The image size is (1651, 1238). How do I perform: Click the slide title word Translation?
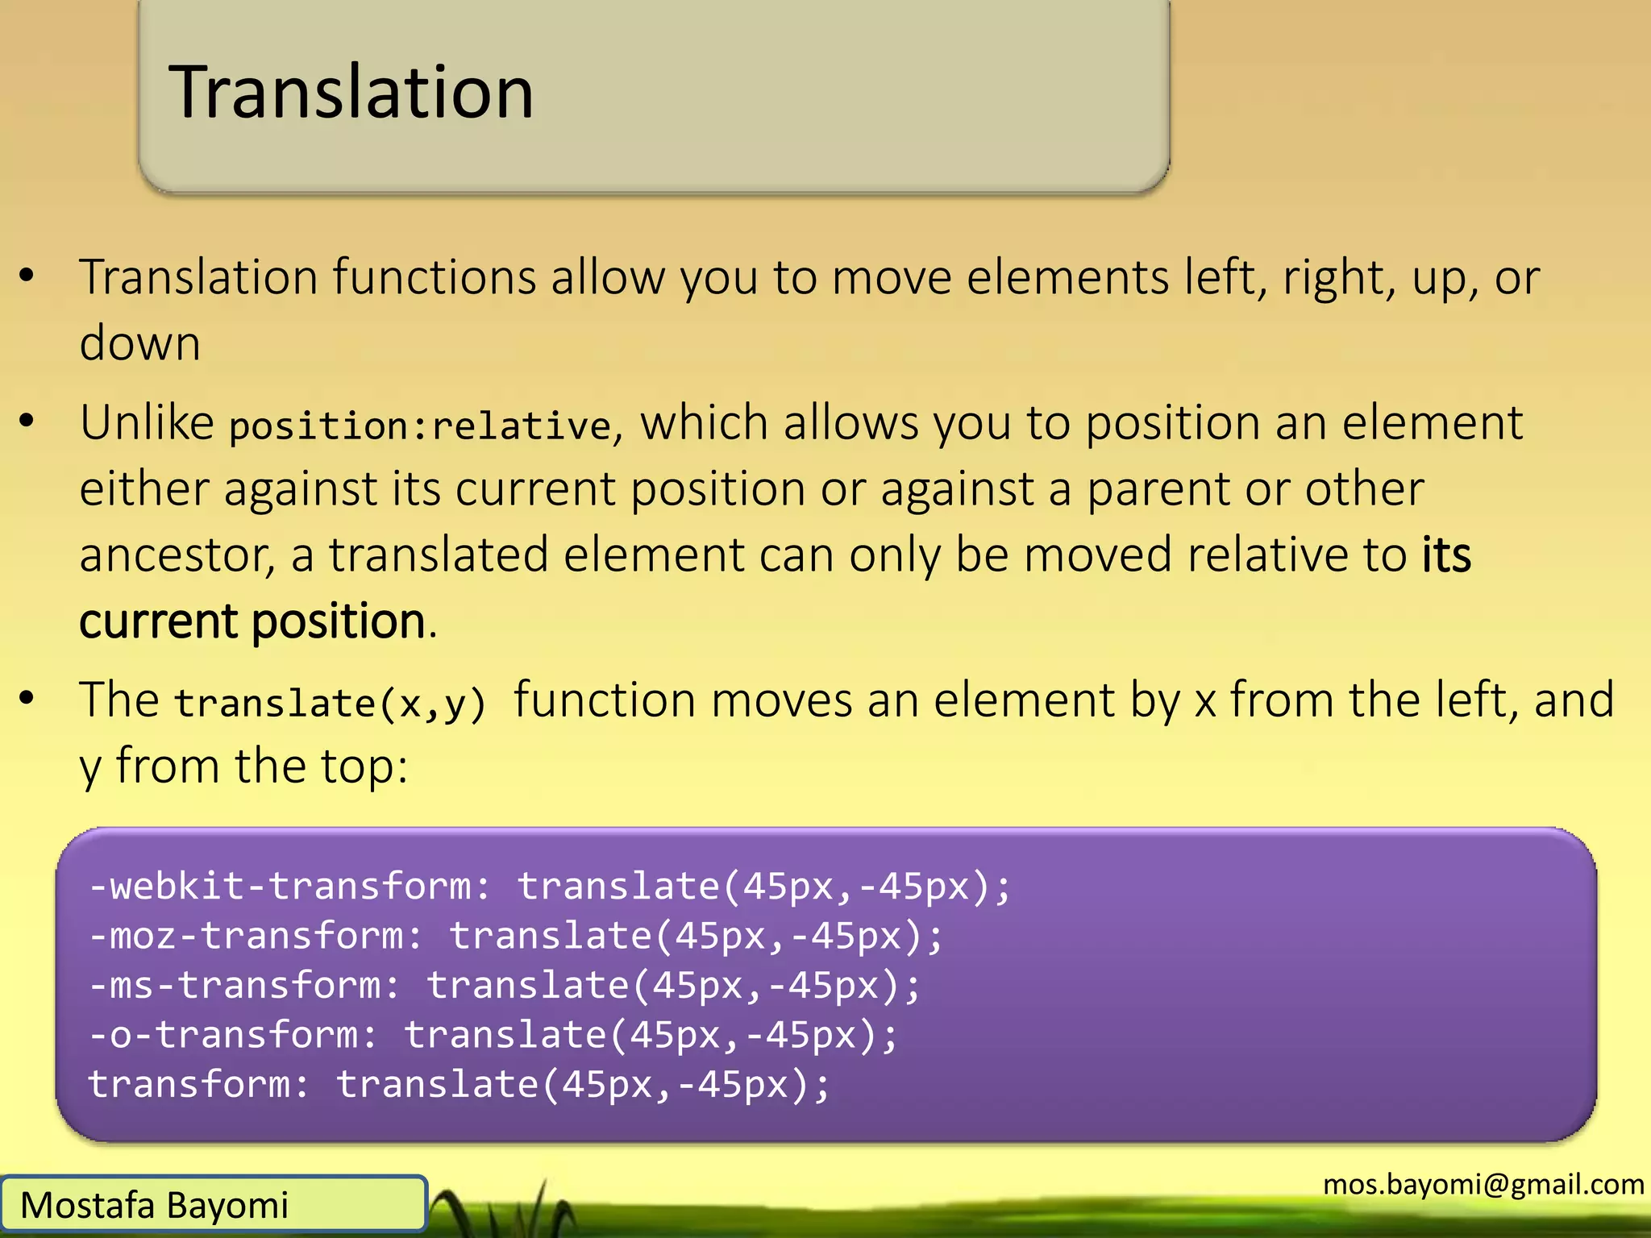tap(351, 93)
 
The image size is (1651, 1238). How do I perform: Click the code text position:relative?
tap(419, 426)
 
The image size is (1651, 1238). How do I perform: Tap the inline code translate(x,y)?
tap(331, 703)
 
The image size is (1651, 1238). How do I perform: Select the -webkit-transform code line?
tap(548, 886)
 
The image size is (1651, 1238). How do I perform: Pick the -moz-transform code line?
tap(516, 936)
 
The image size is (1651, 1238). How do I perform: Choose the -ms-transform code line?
tap(504, 985)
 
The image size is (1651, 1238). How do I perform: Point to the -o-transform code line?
tap(492, 1035)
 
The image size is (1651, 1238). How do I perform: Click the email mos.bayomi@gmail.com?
tap(1483, 1184)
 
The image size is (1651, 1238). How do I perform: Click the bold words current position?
tap(252, 621)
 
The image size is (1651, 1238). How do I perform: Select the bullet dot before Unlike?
tap(27, 420)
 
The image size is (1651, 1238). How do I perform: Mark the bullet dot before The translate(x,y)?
tap(27, 698)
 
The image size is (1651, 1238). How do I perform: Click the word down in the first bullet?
tap(139, 343)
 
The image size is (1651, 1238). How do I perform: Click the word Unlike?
tap(147, 422)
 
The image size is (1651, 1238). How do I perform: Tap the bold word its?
tap(1446, 555)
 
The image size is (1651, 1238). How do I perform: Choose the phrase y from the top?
tap(243, 766)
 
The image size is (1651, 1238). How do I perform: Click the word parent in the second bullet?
tap(1140, 489)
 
